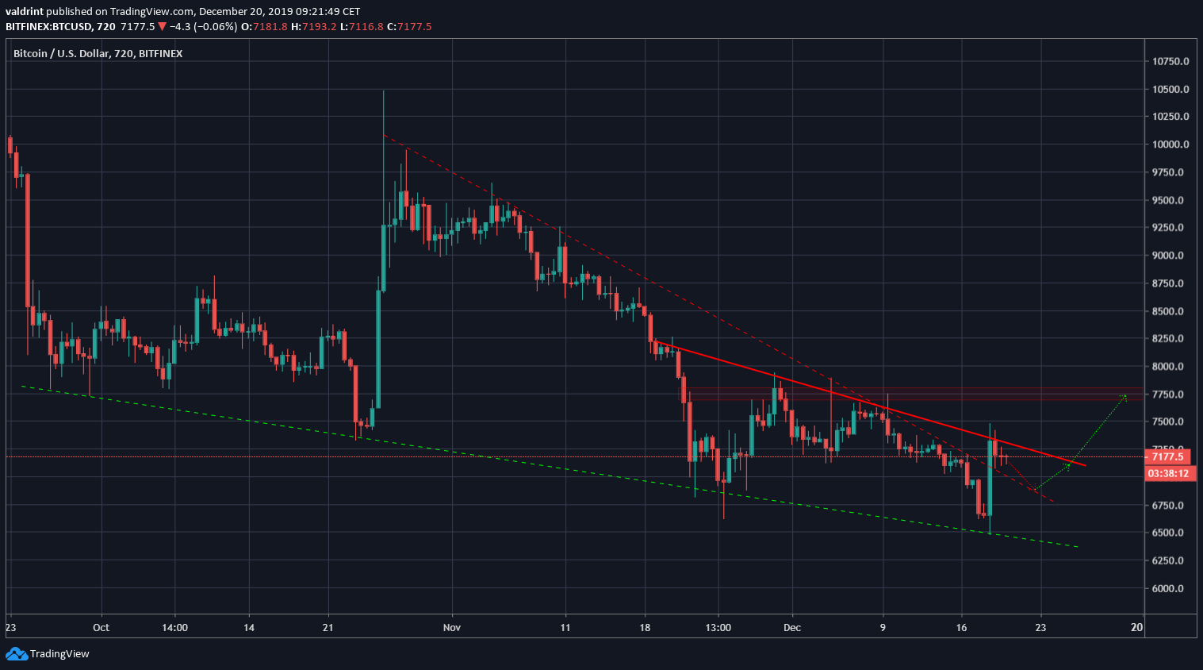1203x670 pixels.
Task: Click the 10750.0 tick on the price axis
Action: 1170,61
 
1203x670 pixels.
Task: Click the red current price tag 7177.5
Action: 1167,456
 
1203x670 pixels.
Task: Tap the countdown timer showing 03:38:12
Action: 1167,473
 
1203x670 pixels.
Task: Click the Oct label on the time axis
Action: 101,627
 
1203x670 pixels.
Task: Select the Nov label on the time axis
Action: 451,627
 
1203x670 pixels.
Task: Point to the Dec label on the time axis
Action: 791,627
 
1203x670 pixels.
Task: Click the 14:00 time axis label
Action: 174,627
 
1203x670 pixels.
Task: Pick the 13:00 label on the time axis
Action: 718,627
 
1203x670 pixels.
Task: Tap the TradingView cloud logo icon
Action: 16,653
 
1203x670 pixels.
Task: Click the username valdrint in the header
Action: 25,11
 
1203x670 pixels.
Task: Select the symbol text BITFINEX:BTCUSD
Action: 48,26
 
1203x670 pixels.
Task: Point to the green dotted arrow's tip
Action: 1125,395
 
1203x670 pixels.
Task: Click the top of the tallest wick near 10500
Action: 383,91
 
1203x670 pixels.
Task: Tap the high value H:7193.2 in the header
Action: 313,26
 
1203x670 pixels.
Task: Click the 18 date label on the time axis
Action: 645,627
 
